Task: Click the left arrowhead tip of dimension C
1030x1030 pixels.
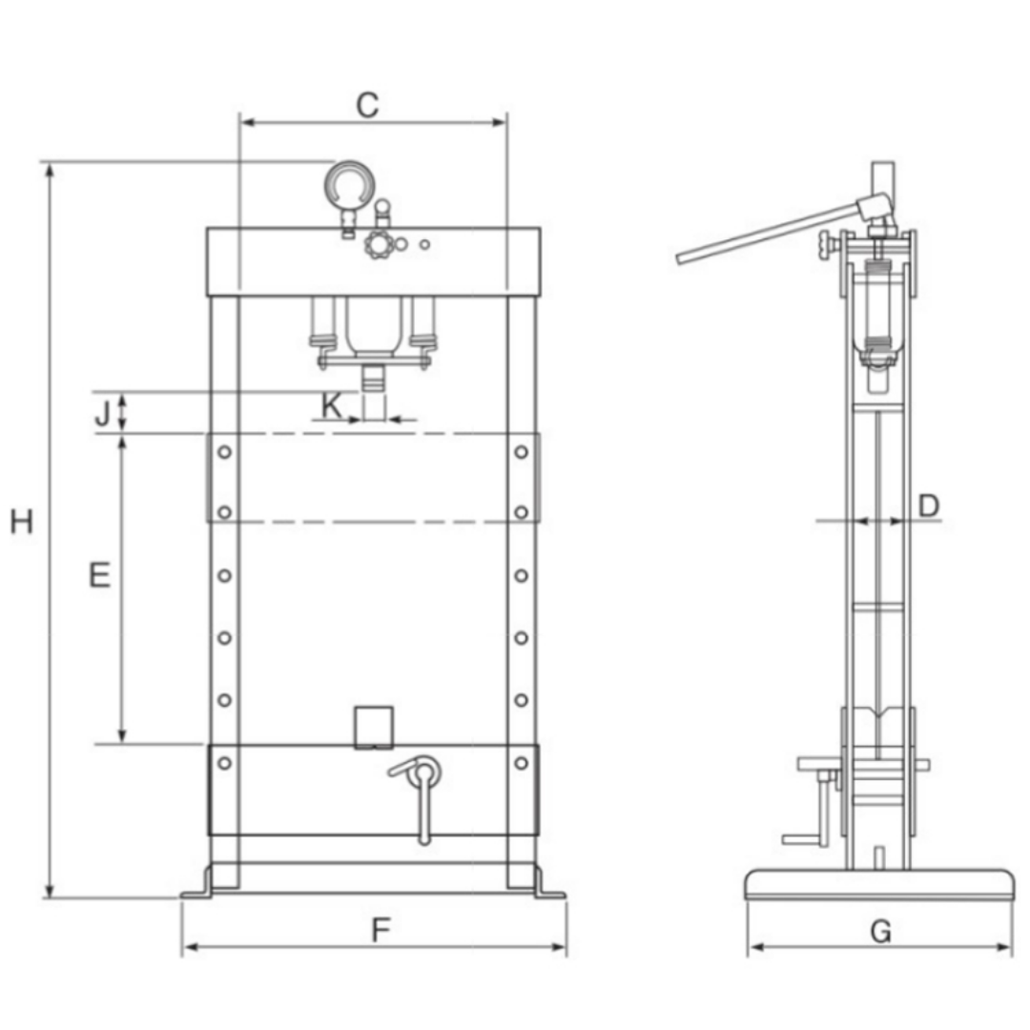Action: tap(240, 122)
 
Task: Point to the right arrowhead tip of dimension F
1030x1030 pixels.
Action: tap(565, 947)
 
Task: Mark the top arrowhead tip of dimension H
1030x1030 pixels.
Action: tap(50, 164)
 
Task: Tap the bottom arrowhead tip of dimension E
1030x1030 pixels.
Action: tap(121, 743)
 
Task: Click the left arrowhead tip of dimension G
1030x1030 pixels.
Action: tap(749, 947)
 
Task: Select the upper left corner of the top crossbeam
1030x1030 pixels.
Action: tap(207, 228)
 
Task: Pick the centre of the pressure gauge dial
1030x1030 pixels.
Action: tap(349, 186)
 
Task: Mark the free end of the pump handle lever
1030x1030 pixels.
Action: tap(679, 259)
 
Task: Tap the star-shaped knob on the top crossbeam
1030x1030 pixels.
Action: tap(379, 244)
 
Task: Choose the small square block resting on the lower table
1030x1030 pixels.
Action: tap(374, 728)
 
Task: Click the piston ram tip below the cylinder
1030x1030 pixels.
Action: tap(374, 379)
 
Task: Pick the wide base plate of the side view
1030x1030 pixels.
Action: tap(879, 885)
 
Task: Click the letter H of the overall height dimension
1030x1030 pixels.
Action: tap(22, 523)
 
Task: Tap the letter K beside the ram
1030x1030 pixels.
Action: tap(332, 406)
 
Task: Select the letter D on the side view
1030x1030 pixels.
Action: tap(928, 505)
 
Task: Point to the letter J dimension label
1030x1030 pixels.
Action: tap(102, 414)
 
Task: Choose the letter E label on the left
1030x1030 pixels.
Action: tap(99, 575)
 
